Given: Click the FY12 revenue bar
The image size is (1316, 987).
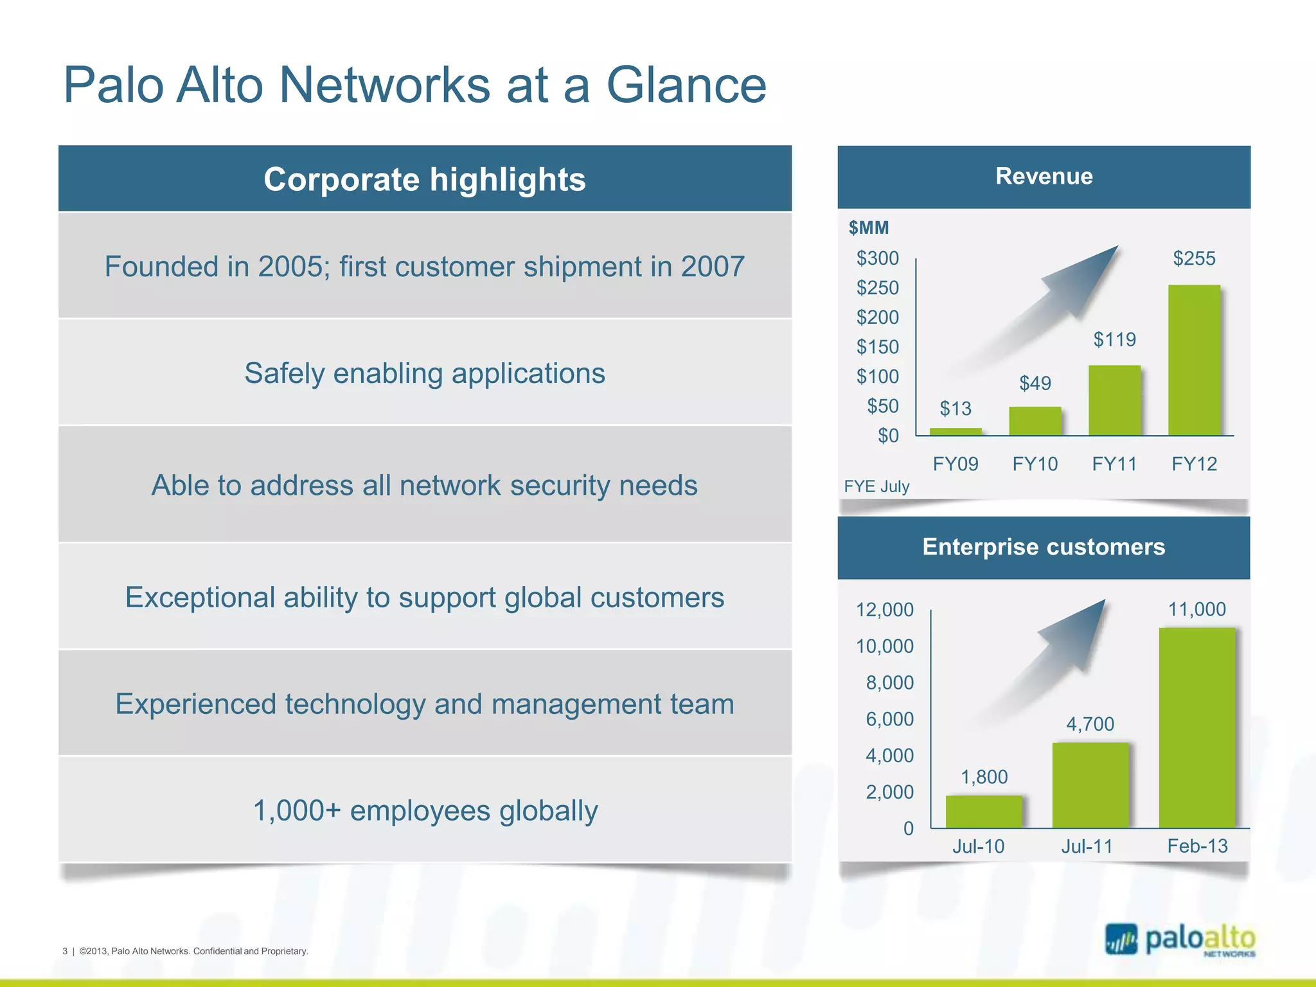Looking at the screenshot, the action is tap(1193, 360).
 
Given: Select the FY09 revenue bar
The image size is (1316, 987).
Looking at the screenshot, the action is tap(956, 432).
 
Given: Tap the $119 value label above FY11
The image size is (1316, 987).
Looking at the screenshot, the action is tap(1114, 339).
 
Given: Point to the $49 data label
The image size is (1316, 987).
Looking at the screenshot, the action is tap(1035, 383).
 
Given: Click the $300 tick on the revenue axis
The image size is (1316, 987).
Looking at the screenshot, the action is tap(877, 258).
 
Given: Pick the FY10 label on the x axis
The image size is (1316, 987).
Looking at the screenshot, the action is tap(1035, 464).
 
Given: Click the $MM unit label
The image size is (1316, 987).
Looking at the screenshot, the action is tap(869, 227).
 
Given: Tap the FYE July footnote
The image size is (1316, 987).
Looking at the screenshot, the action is tap(876, 486).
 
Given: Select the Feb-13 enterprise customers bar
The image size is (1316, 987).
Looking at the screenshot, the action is tap(1196, 727).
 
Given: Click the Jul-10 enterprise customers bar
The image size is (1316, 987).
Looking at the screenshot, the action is tap(983, 812).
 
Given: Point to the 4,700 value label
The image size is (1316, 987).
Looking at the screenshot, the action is tap(1090, 724).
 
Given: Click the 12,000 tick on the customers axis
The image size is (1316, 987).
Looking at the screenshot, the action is tap(884, 609).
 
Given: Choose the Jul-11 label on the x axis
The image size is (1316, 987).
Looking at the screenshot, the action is tap(1087, 846).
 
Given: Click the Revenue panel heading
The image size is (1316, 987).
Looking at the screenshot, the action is tap(1044, 176).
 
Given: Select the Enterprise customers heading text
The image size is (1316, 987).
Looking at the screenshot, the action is tap(1044, 547).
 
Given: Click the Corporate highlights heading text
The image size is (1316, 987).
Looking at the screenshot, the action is tap(424, 179).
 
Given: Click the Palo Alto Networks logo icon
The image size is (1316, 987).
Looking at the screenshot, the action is tap(1121, 940).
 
